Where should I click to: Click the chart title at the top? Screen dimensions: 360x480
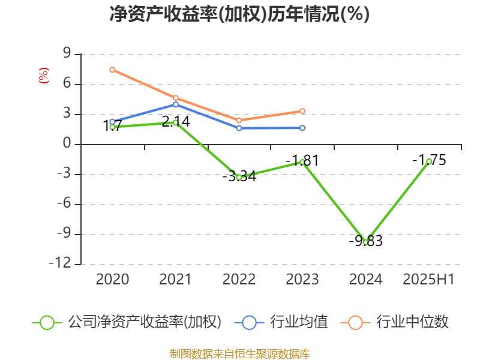tap(240, 14)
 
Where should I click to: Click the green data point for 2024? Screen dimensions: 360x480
tap(365, 242)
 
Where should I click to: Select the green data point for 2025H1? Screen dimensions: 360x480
tap(429, 161)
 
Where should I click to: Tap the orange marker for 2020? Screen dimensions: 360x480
tap(112, 70)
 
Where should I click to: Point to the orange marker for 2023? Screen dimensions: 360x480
tap(302, 111)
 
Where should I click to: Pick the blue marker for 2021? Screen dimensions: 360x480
tap(176, 104)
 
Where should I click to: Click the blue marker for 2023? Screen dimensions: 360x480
tap(302, 128)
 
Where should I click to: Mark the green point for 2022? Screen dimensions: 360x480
tap(239, 178)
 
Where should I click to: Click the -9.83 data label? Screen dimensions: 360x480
tap(365, 241)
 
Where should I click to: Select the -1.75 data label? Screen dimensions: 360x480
tap(429, 160)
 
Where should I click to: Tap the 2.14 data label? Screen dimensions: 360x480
tap(176, 122)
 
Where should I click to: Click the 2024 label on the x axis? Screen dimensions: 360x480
tap(365, 280)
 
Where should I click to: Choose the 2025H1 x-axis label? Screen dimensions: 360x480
tap(428, 280)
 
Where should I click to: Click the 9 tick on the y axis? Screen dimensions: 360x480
tap(67, 55)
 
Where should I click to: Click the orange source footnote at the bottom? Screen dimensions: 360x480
tap(240, 353)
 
